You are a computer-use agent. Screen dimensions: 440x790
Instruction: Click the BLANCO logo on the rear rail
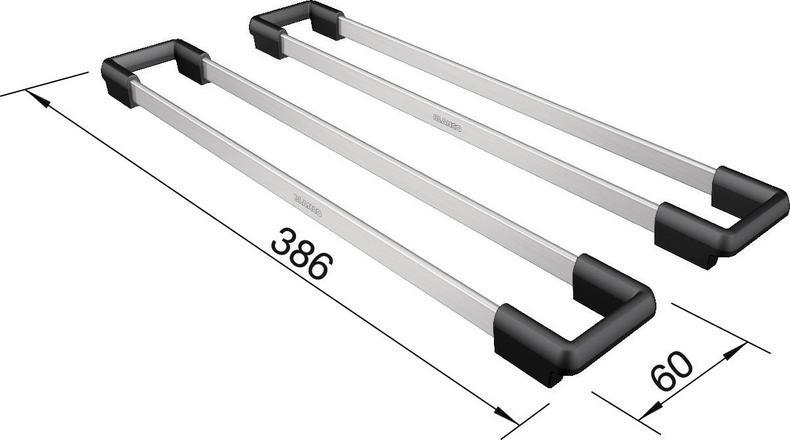click(x=445, y=120)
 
